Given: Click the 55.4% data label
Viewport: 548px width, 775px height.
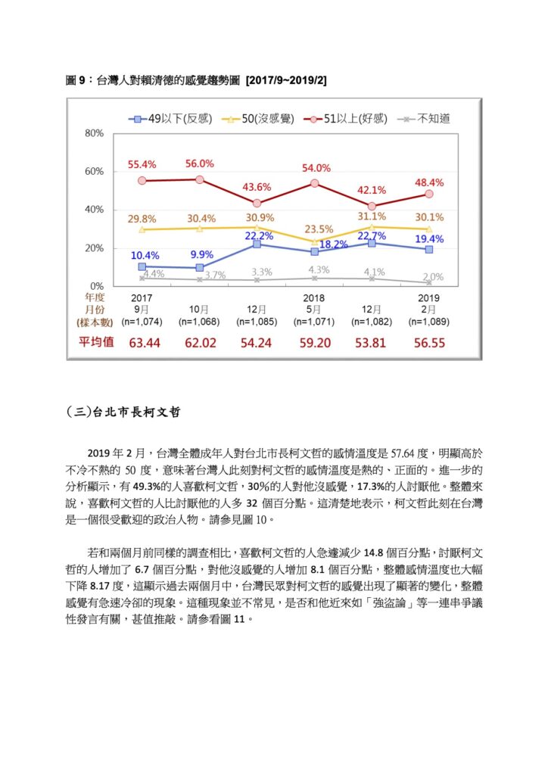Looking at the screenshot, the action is pyautogui.click(x=142, y=164).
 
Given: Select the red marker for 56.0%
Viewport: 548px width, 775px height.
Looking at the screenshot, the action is pyautogui.click(x=200, y=179).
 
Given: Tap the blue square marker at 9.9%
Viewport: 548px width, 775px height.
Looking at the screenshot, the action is pyautogui.click(x=200, y=267).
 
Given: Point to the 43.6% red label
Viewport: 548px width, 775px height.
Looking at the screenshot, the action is pyautogui.click(x=257, y=188).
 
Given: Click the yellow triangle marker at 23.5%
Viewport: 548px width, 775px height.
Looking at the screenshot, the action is pyautogui.click(x=314, y=241).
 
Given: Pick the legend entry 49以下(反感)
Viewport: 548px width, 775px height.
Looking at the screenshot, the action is pyautogui.click(x=171, y=119).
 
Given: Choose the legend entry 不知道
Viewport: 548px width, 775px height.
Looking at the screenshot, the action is pyautogui.click(x=423, y=119).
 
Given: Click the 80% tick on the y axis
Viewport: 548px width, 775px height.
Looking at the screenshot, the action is pyautogui.click(x=94, y=133).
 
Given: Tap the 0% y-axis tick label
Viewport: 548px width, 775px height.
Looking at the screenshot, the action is pyautogui.click(x=97, y=286).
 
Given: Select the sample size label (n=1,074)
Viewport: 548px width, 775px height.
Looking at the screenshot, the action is pyautogui.click(x=142, y=322).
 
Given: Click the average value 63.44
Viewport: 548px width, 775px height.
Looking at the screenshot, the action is pyautogui.click(x=145, y=343).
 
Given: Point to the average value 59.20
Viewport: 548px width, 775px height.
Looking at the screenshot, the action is pyautogui.click(x=315, y=343).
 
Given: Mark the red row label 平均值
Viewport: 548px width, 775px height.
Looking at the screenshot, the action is pyautogui.click(x=96, y=342).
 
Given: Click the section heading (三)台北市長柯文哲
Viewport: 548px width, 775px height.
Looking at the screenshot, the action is pyautogui.click(x=123, y=412).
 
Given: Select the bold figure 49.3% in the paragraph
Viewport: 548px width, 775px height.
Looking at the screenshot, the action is pyautogui.click(x=146, y=487).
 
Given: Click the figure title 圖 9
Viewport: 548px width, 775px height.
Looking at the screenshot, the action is pyautogui.click(x=76, y=80).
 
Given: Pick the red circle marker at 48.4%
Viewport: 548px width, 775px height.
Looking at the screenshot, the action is pyautogui.click(x=429, y=195).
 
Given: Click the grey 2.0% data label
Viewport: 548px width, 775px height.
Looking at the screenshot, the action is pyautogui.click(x=434, y=277).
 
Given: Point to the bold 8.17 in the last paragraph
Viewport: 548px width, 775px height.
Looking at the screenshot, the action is pyautogui.click(x=100, y=587).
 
